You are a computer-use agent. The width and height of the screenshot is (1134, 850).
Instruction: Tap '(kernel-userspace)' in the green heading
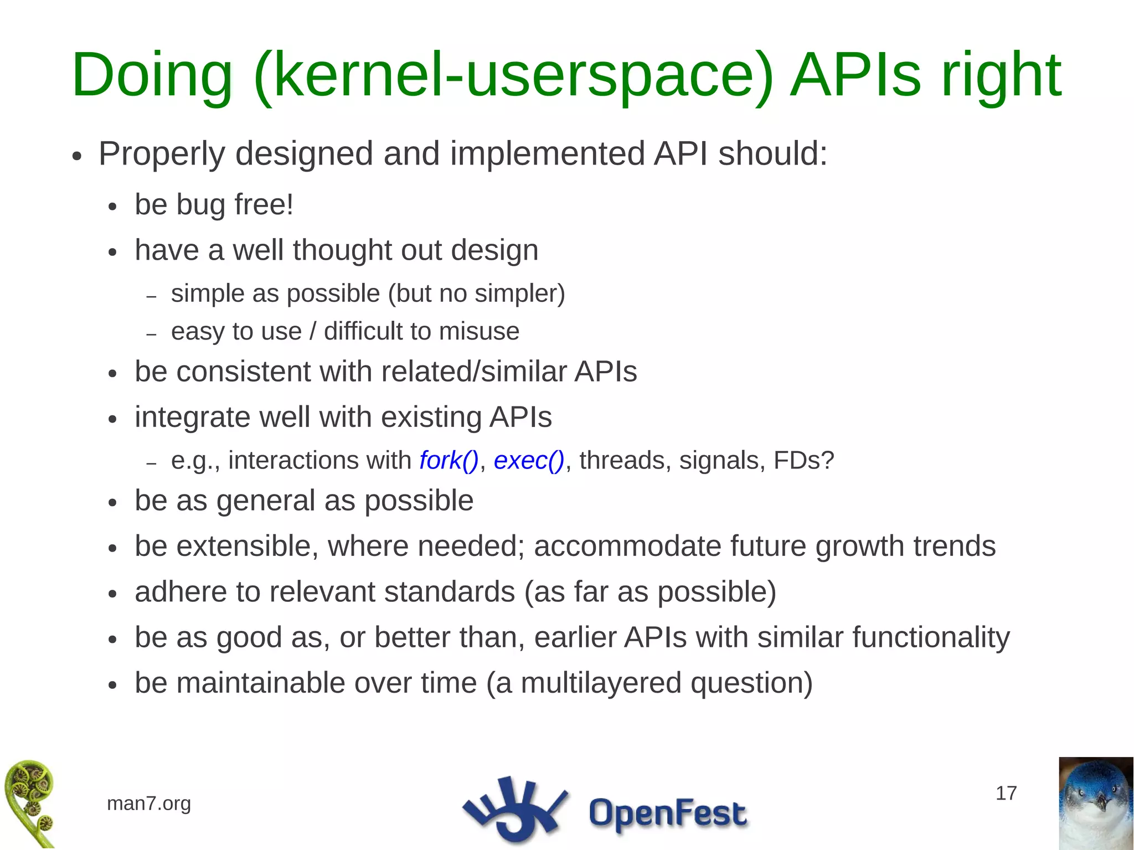point(513,75)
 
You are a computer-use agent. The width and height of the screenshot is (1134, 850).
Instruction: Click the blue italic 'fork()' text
point(449,461)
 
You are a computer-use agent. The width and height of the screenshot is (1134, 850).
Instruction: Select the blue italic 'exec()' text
point(529,461)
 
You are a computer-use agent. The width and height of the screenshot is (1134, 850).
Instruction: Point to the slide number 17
point(1006,794)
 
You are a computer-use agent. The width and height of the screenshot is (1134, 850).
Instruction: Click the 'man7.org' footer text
point(149,803)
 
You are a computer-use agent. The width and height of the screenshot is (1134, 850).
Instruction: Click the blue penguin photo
point(1096,803)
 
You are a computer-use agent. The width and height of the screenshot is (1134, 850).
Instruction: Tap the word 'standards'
point(450,591)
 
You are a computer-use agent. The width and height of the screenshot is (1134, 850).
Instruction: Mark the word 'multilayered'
point(601,683)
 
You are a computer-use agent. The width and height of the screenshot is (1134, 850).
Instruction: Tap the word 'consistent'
point(243,372)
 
